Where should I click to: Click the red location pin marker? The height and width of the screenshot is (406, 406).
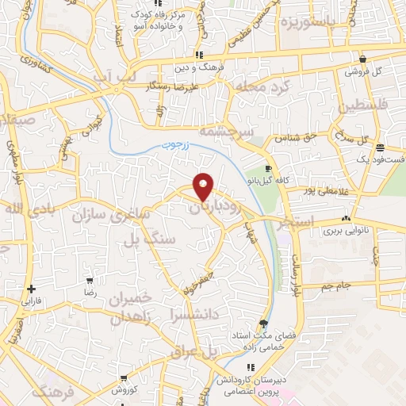pos(204,186)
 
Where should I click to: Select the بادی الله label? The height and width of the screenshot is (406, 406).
pos(21,209)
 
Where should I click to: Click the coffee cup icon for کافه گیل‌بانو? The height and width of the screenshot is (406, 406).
pos(268,168)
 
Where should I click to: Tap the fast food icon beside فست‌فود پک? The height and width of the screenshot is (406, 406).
pos(380,147)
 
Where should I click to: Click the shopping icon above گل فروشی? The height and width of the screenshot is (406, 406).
pos(362,58)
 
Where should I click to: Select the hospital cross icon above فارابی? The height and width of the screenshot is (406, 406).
pos(30,289)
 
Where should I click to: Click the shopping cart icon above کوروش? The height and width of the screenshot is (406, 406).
pos(121,378)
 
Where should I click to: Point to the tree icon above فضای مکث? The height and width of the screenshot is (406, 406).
pos(263,323)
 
